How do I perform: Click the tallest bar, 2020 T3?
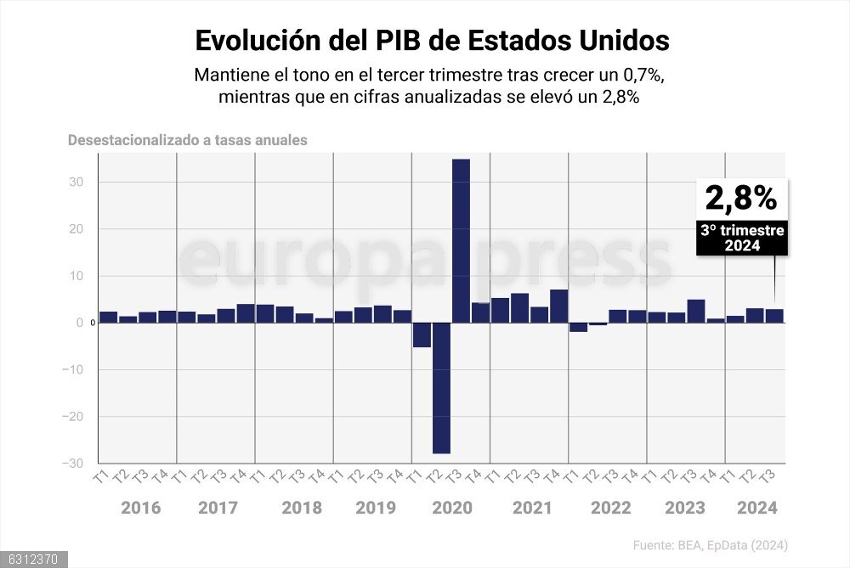(461, 241)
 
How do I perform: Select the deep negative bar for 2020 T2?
(441, 388)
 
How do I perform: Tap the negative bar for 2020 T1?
(422, 335)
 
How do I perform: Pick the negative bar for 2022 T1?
(578, 327)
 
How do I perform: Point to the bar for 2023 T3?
(695, 311)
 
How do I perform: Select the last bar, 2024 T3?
(774, 316)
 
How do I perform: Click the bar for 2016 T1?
(108, 317)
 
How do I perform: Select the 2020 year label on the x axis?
(452, 508)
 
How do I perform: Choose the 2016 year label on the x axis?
(141, 508)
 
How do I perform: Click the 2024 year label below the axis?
(756, 508)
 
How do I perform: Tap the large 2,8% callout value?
(741, 198)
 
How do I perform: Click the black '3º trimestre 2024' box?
(742, 238)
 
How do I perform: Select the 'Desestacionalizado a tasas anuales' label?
(188, 140)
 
